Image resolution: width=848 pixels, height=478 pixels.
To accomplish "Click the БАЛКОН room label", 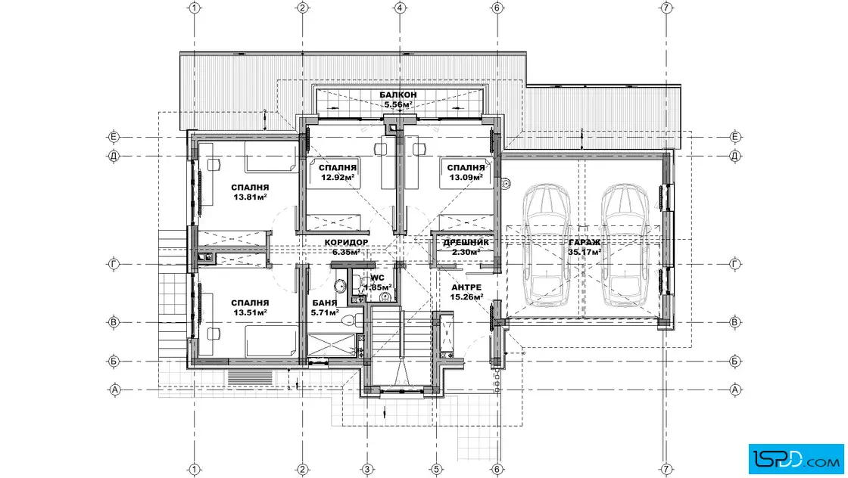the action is pos(398,95).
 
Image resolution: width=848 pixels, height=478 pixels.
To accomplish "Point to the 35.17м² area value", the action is pos(585,252).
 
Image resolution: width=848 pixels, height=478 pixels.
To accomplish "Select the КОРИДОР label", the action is pos(347,243).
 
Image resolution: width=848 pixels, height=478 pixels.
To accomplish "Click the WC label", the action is pos(377,278).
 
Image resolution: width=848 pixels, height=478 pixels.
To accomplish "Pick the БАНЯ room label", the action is pos(325,303).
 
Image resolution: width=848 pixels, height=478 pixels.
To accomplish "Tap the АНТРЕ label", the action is pos(466,287).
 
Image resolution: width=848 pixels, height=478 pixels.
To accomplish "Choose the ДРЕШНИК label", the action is pos(466,243).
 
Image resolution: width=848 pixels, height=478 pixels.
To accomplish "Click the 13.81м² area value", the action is pos(251,197).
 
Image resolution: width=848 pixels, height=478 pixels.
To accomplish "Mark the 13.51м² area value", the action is pos(251,312).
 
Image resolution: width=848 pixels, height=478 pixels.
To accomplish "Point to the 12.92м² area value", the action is pos(338,177).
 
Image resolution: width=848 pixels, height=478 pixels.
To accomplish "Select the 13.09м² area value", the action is pos(466,177).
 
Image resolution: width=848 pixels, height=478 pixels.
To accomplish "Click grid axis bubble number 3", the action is pos(366,470).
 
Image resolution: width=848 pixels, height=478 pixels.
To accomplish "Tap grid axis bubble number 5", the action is pos(436,470).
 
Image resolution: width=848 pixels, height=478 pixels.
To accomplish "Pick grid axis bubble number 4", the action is pos(400,8).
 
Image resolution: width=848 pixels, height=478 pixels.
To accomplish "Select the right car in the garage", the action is pos(625,245).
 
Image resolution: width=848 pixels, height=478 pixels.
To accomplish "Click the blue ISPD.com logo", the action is pos(796,459).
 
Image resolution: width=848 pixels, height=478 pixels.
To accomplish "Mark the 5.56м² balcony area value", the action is pos(398,105).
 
